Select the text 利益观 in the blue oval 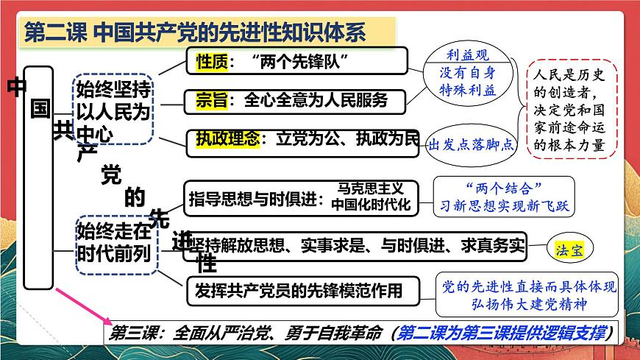467,55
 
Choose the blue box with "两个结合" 503,195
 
